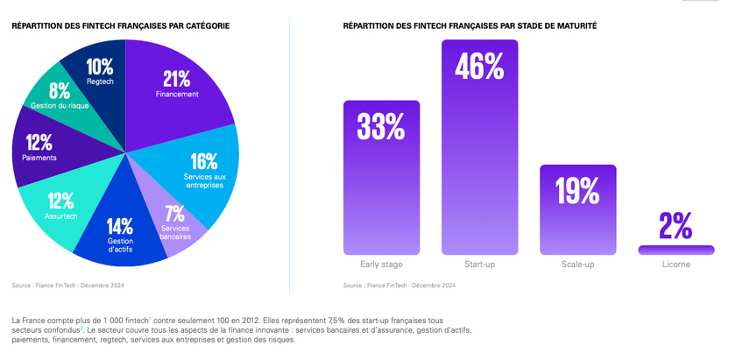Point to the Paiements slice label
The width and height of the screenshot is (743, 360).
pyautogui.click(x=39, y=158)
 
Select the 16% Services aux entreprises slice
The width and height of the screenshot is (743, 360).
pyautogui.click(x=203, y=171)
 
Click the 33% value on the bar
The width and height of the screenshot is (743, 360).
pyautogui.click(x=381, y=127)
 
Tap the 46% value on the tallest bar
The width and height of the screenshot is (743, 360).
pyautogui.click(x=479, y=66)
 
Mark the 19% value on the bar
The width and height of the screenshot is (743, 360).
pyautogui.click(x=577, y=190)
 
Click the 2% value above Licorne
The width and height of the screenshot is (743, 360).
pyautogui.click(x=676, y=226)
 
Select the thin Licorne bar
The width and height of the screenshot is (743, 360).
pyautogui.click(x=676, y=250)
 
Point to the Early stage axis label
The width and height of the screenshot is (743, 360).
pyautogui.click(x=381, y=264)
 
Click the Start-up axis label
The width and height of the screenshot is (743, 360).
pyautogui.click(x=479, y=264)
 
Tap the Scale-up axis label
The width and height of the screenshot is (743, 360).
pyautogui.click(x=577, y=264)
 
